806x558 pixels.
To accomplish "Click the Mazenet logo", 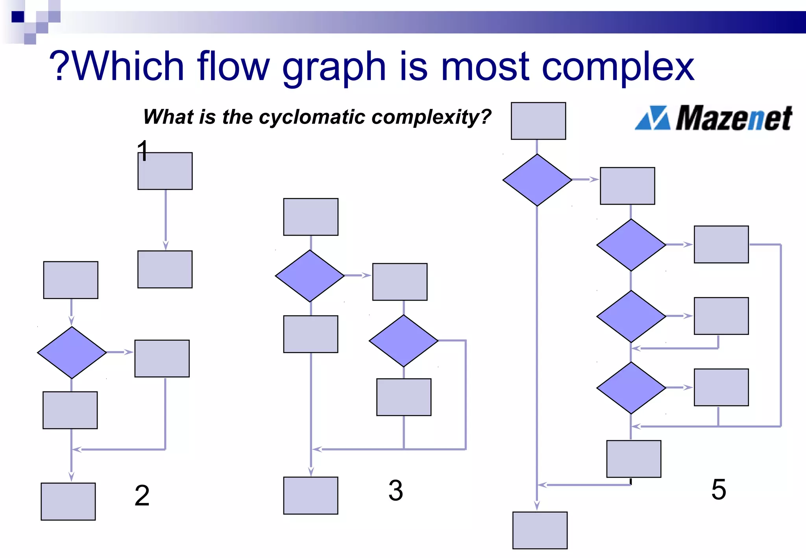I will [713, 118].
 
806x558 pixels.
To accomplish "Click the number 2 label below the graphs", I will [142, 496].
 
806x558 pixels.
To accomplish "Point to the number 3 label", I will [396, 491].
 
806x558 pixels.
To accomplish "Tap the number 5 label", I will [719, 490].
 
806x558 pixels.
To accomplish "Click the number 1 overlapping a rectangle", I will [143, 151].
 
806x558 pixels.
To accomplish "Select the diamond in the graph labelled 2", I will [72, 353].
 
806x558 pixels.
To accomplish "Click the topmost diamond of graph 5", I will [537, 180].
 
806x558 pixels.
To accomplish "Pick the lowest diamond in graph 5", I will [631, 388].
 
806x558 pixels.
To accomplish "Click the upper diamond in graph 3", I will [310, 276].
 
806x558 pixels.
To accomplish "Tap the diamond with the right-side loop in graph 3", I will [403, 341].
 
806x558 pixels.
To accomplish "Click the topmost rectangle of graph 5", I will [538, 121].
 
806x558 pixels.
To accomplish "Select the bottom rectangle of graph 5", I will [540, 530].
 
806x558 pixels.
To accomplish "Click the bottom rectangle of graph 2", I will [68, 501].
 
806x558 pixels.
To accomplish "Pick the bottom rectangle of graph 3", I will [311, 495].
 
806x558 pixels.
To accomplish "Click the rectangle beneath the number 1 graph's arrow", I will [165, 269].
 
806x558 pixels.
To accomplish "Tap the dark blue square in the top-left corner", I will [18, 17].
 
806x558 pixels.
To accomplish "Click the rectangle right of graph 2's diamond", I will [162, 358].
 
